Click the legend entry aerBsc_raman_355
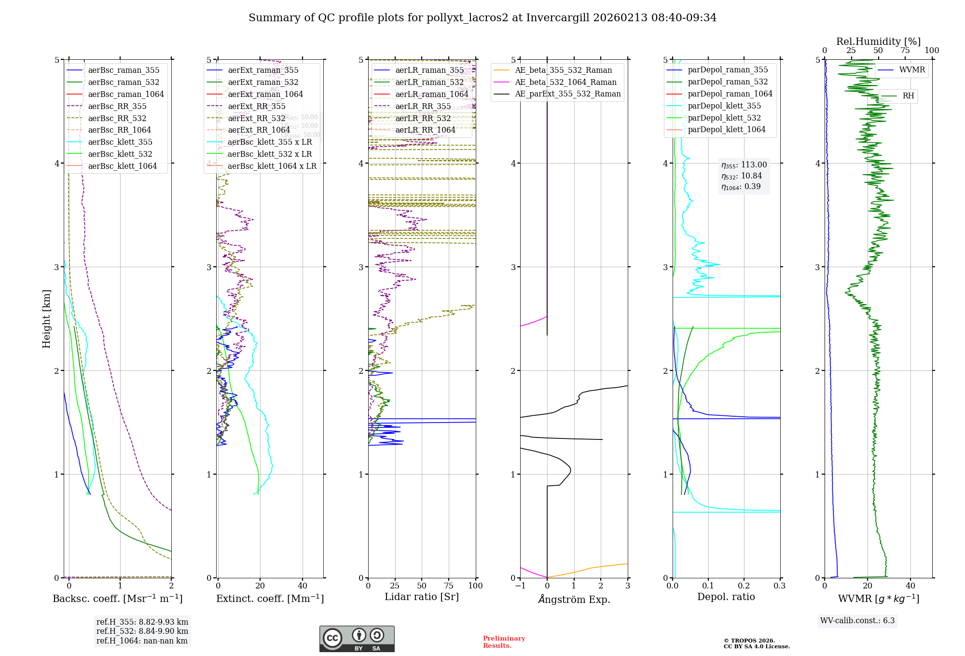(124, 70)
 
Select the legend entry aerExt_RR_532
(256, 118)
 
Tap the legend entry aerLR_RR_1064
(425, 130)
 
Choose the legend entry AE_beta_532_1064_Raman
(565, 82)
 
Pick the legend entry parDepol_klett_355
(724, 106)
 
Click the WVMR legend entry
(912, 70)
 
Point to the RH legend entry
(908, 96)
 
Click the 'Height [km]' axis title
(46, 319)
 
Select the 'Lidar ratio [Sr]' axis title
(421, 597)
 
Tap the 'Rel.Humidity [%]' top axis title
(878, 41)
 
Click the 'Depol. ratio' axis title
(726, 597)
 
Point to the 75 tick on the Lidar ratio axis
(448, 586)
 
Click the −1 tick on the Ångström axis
(520, 586)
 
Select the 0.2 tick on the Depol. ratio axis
(744, 586)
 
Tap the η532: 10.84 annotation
(742, 176)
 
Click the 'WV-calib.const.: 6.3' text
(857, 620)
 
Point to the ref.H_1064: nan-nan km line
(142, 641)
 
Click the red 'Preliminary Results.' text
(504, 642)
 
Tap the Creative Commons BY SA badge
(357, 639)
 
